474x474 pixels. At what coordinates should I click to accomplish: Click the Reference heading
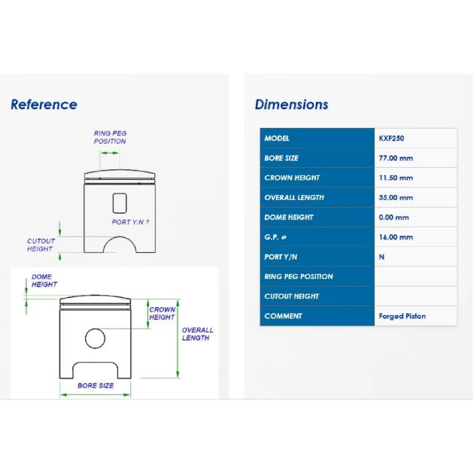click(x=44, y=105)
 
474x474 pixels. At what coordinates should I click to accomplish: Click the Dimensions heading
click(x=291, y=105)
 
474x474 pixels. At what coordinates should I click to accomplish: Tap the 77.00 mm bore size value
click(x=396, y=158)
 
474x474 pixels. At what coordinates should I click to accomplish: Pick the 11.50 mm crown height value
click(x=396, y=178)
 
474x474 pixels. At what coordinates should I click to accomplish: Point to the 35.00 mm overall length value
click(x=396, y=198)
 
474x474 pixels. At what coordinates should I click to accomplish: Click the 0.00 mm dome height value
click(x=393, y=217)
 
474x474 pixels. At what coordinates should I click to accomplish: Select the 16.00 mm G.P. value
click(x=396, y=237)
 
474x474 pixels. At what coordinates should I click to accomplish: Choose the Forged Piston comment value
click(x=402, y=316)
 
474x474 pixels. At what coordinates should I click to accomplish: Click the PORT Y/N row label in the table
click(x=281, y=257)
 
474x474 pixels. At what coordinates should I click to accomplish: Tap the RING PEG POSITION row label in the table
click(x=299, y=277)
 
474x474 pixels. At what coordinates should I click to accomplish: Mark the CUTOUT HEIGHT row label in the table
click(x=291, y=296)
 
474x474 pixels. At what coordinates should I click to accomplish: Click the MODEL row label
click(x=277, y=138)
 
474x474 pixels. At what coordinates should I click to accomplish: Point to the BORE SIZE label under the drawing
click(x=96, y=385)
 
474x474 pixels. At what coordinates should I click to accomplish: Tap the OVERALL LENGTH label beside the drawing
click(x=197, y=334)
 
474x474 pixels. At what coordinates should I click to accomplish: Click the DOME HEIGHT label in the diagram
click(x=44, y=281)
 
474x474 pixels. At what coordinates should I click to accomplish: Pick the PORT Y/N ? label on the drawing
click(x=130, y=222)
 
